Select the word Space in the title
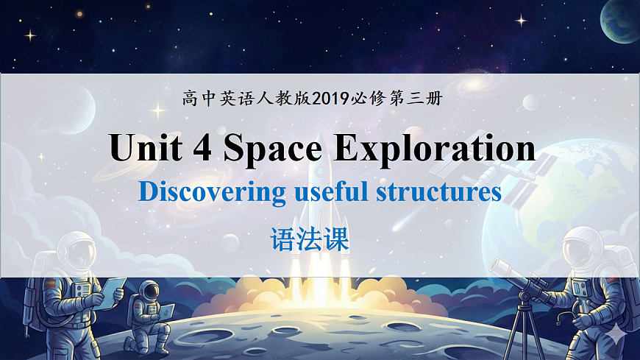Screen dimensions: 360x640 click(x=272, y=149)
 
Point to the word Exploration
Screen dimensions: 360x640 click(x=434, y=149)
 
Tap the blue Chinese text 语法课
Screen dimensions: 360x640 click(x=309, y=239)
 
